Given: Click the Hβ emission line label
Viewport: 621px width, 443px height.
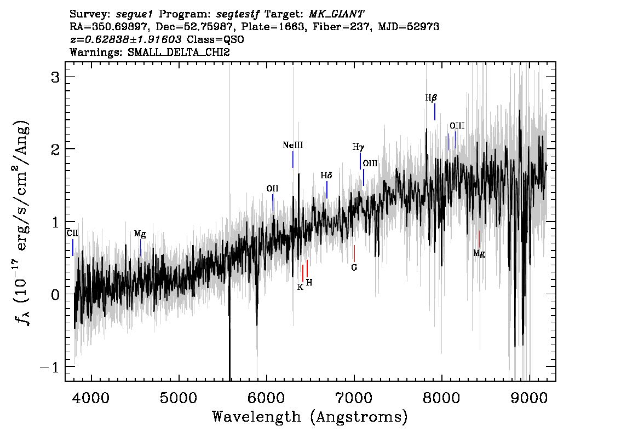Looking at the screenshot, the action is coord(432,97).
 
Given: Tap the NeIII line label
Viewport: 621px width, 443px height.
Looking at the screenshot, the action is coord(293,145).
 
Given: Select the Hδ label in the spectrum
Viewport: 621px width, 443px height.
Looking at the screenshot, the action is coord(326,175).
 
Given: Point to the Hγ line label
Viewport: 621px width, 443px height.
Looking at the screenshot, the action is coord(359,147).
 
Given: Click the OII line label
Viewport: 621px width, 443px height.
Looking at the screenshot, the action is coord(273,188).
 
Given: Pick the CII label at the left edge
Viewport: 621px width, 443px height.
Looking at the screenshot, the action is coord(72,233).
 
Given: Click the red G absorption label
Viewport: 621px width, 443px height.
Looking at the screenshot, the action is coord(354,268).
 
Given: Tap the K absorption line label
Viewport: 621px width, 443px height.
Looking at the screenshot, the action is coord(300,287).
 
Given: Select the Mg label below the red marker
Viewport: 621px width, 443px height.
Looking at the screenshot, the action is coord(479,254).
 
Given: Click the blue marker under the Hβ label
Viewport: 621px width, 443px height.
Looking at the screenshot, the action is coord(435,112).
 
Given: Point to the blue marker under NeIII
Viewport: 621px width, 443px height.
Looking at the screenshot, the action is coord(293,159).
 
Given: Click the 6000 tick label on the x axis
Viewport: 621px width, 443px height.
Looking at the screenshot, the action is coord(266,398).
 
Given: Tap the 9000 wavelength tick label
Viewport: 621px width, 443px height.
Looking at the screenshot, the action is coord(528,398).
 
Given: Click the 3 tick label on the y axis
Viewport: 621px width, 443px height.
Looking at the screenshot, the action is coord(55,77).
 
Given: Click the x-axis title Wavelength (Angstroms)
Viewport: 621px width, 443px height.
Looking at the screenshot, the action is coord(310,417).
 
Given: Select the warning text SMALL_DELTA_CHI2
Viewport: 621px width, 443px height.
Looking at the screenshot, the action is coord(179,52).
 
